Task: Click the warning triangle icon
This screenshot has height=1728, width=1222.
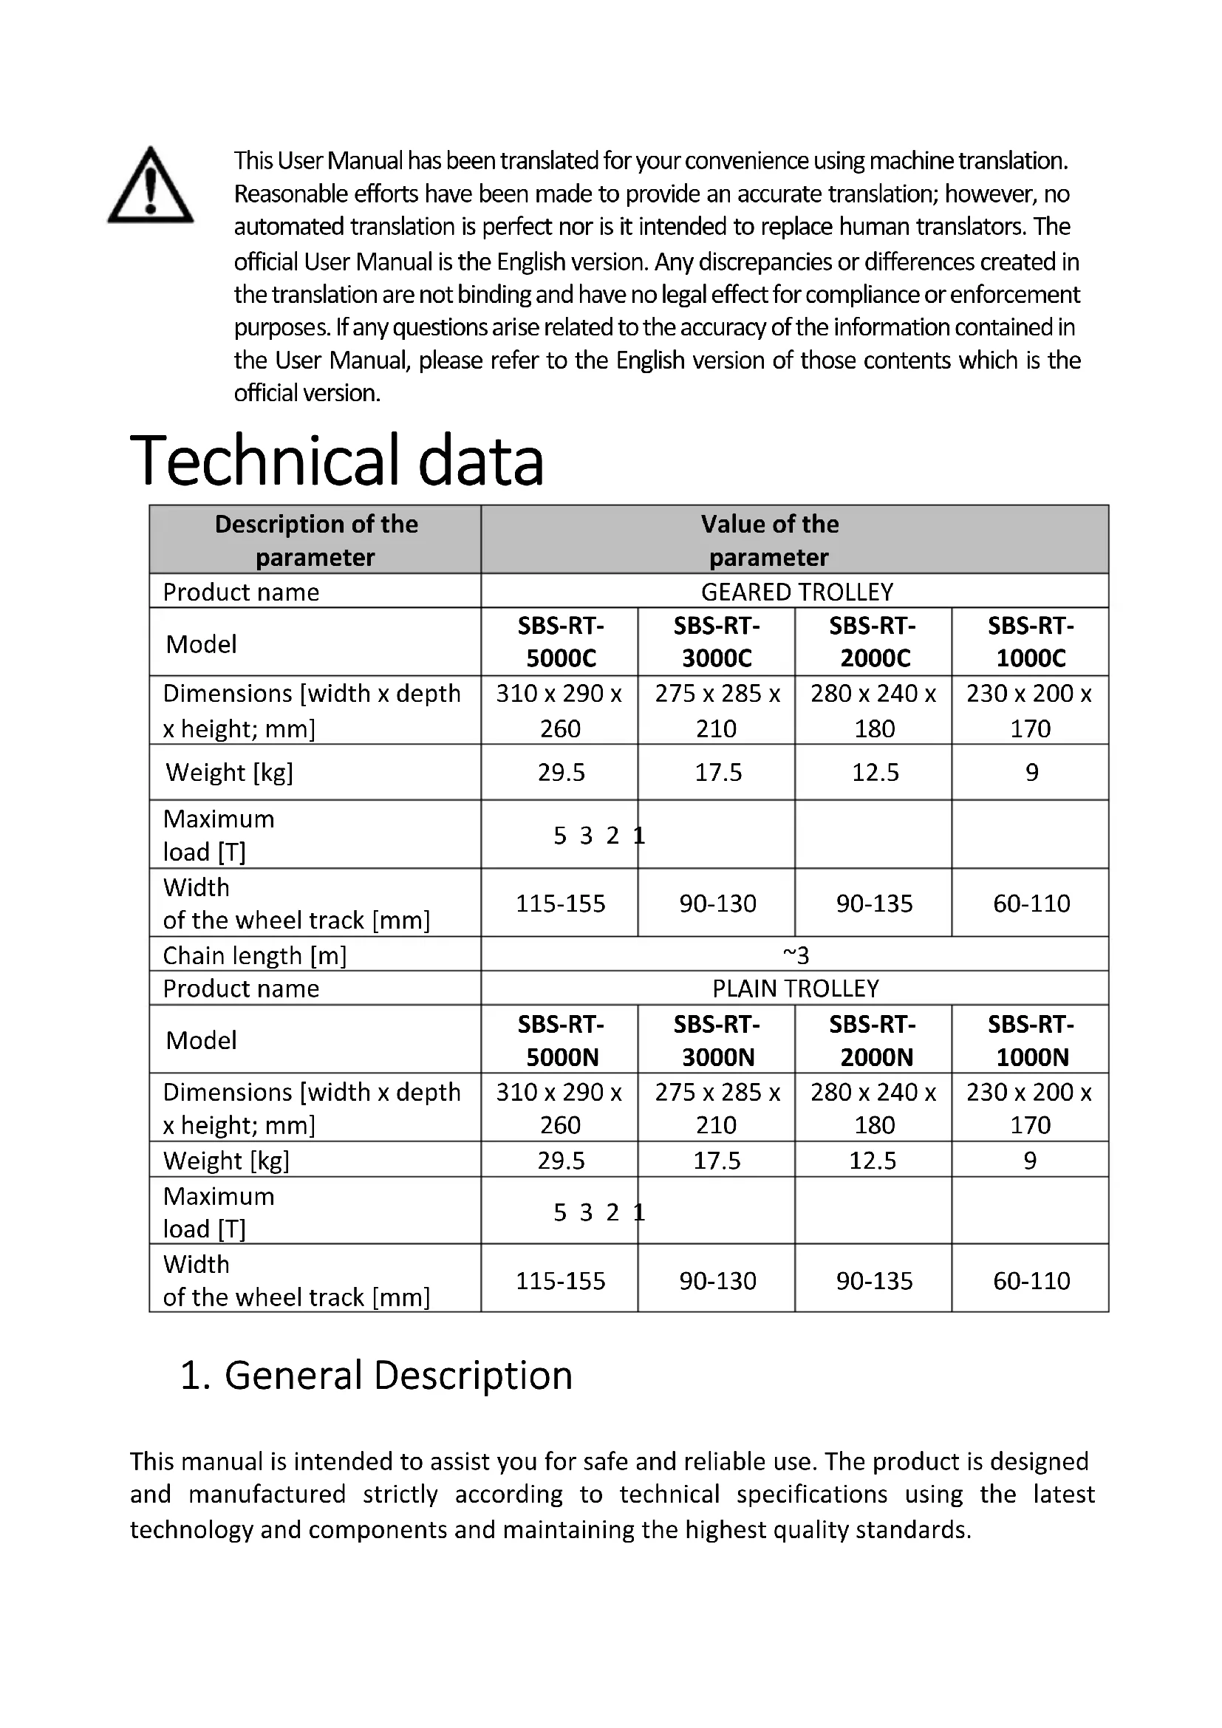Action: (151, 186)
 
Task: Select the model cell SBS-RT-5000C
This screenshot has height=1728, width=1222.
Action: (561, 641)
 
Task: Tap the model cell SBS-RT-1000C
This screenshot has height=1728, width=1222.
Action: (1030, 641)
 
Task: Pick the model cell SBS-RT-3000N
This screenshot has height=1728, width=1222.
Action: (717, 1040)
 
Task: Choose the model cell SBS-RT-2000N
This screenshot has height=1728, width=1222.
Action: (874, 1040)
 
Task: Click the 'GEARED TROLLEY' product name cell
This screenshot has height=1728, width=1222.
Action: (796, 592)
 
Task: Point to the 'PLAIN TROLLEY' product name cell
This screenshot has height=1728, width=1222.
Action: (796, 988)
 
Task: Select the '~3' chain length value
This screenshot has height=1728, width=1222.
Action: (796, 955)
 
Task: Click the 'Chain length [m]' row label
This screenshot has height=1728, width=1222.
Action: (254, 955)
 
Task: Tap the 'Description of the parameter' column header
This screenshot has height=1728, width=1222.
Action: (315, 540)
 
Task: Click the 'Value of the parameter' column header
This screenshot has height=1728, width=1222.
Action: (769, 540)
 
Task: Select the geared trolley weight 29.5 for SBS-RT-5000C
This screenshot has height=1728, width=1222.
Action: (561, 772)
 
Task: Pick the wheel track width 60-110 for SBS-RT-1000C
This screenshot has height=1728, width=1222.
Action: (1031, 903)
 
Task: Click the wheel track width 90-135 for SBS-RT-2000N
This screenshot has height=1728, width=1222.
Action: (873, 1280)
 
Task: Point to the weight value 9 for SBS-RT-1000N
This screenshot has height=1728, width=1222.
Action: (1030, 1161)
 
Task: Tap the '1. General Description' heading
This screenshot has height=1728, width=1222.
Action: (376, 1375)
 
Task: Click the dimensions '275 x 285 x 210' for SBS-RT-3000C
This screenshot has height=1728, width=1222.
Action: (717, 711)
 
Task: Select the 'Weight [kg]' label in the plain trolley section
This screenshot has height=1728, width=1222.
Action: (226, 1161)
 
